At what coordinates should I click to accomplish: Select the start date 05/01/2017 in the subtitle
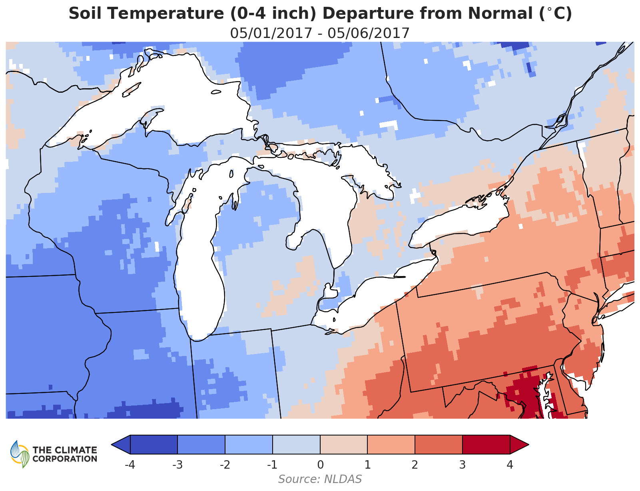(271, 33)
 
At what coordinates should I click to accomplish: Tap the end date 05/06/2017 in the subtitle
(369, 33)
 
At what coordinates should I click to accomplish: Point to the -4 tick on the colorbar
(130, 465)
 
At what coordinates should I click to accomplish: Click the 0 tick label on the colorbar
(320, 465)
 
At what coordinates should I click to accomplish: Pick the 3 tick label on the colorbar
(463, 465)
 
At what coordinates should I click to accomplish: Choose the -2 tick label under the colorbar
(224, 465)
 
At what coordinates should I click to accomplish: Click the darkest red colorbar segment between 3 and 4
(486, 445)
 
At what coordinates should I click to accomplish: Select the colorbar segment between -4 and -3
(154, 445)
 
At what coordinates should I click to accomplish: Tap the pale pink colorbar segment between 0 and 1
(344, 445)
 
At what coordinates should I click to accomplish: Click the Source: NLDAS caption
(320, 479)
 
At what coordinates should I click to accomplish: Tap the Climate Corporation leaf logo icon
(20, 454)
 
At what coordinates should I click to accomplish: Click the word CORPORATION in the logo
(65, 459)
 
